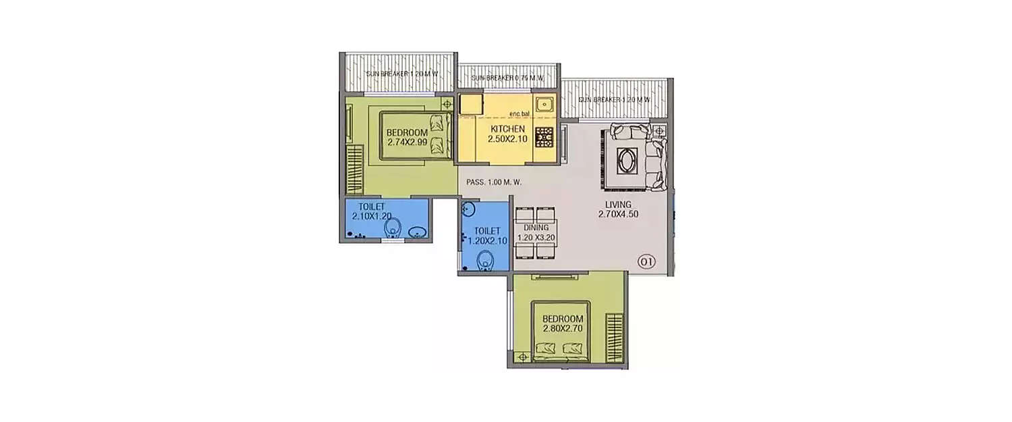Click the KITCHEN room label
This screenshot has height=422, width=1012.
tap(507, 128)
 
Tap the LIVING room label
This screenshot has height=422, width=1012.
tap(617, 204)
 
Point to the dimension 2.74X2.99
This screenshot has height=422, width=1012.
tap(407, 142)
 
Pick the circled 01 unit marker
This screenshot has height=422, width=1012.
tap(646, 262)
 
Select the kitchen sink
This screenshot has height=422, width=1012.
tap(544, 105)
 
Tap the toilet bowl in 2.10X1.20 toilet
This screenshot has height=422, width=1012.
tap(393, 231)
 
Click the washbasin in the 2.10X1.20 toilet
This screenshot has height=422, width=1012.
tap(418, 232)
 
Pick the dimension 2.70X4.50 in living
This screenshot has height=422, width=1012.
tap(617, 215)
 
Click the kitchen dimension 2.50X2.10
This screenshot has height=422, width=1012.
tap(507, 139)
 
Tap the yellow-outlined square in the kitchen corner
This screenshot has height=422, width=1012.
tap(469, 104)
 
